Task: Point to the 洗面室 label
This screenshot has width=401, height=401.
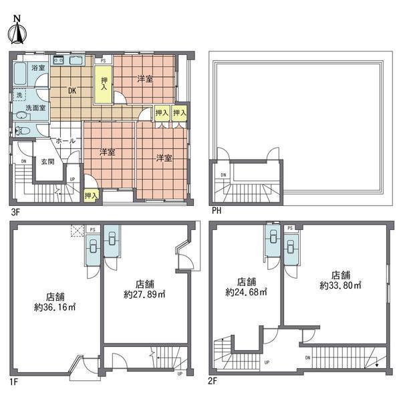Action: [35, 108]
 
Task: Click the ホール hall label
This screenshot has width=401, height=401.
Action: [65, 141]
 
